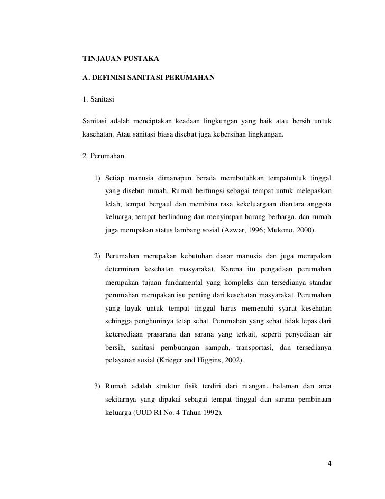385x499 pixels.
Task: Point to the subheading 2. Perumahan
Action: pos(103,157)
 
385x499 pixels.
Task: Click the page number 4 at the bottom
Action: pos(329,464)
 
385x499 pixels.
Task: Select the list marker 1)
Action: pos(97,176)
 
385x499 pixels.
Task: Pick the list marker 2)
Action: pos(97,257)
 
